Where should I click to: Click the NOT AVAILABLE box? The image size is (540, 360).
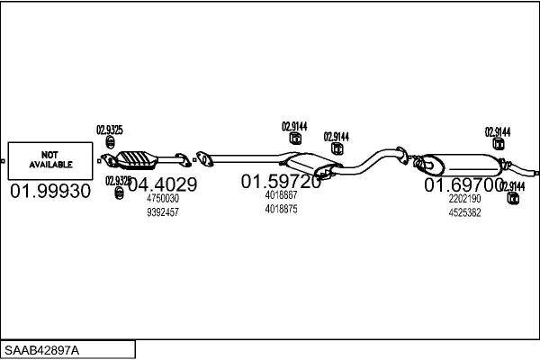(x=49, y=160)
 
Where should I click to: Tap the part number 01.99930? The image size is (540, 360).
(x=50, y=192)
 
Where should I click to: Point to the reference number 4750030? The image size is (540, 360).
(x=162, y=199)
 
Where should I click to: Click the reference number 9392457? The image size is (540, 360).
(x=162, y=212)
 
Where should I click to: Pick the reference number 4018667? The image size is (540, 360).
(x=281, y=195)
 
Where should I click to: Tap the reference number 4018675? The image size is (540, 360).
(x=281, y=209)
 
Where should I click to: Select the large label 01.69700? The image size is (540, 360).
(x=464, y=184)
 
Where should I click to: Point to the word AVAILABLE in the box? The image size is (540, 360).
(x=49, y=166)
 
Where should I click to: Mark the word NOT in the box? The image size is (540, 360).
(x=49, y=155)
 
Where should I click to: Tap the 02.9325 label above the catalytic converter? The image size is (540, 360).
(x=110, y=130)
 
